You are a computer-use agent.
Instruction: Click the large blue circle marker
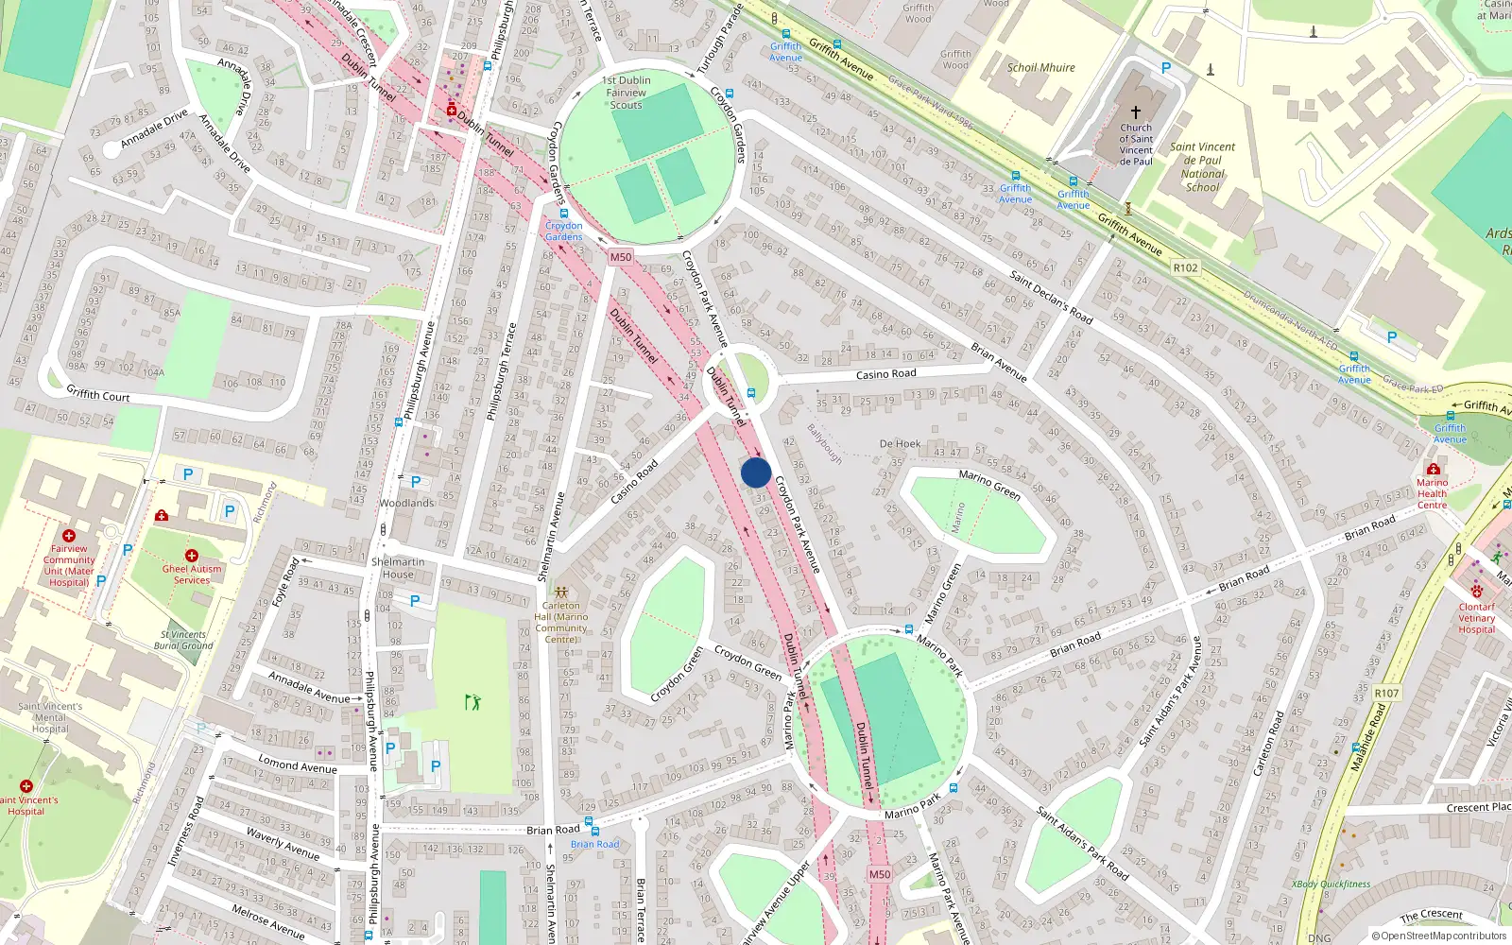pos(756,472)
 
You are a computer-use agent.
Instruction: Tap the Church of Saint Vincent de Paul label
pos(1136,145)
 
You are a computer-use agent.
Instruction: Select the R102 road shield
pos(1185,267)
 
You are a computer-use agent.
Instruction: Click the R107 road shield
pos(1386,693)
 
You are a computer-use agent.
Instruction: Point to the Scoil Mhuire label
pos(1040,68)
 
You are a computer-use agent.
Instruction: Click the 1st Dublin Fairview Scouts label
pos(627,93)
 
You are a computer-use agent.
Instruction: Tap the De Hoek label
pos(900,443)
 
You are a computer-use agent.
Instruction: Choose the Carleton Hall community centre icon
pos(561,593)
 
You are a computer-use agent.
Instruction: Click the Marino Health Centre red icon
pos(1434,470)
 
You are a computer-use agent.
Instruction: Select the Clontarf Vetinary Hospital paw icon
pos(1476,592)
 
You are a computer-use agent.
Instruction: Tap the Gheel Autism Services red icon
pos(192,556)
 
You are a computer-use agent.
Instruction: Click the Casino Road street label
pos(885,374)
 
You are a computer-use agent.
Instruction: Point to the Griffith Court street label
pos(98,394)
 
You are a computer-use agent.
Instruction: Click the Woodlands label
pos(406,503)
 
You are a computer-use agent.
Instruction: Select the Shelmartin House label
pos(398,568)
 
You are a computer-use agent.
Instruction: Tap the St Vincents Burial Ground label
pos(183,640)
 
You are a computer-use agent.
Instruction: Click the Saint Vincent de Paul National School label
pos(1202,167)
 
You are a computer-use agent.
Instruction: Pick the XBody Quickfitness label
pos(1331,885)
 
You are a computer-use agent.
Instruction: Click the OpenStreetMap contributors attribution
pos(1438,936)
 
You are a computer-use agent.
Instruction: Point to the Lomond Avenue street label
pos(298,765)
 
